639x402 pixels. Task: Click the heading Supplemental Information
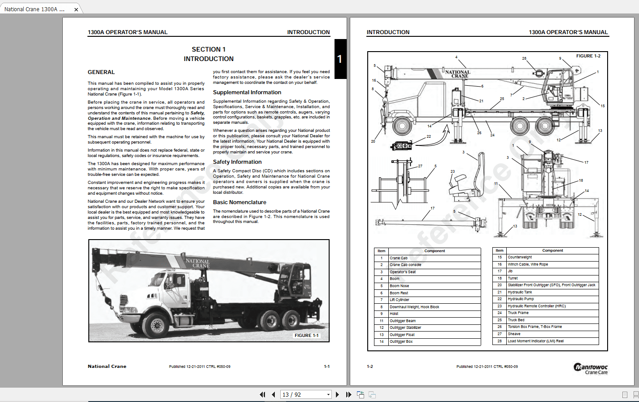[x=247, y=92]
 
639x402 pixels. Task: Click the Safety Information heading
[x=237, y=162]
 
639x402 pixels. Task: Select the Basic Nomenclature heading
[x=239, y=202]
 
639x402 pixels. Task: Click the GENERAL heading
[x=101, y=72]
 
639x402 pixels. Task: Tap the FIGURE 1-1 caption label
[x=306, y=336]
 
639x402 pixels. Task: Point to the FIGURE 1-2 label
[x=588, y=56]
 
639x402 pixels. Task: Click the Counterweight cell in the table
[x=520, y=258]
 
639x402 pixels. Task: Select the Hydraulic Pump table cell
[x=521, y=299]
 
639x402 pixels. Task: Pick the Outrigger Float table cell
[x=402, y=335]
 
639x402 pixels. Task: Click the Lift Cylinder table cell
[x=399, y=300]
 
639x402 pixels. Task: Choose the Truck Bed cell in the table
[x=516, y=320]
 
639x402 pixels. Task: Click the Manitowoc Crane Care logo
[x=591, y=368]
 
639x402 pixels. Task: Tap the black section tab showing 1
[x=340, y=59]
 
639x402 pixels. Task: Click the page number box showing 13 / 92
[x=305, y=395]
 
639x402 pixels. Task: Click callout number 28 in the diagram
[x=524, y=58]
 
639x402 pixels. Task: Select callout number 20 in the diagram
[x=373, y=141]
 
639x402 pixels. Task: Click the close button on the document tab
[x=76, y=9]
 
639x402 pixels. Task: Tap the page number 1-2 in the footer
[x=370, y=367]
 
